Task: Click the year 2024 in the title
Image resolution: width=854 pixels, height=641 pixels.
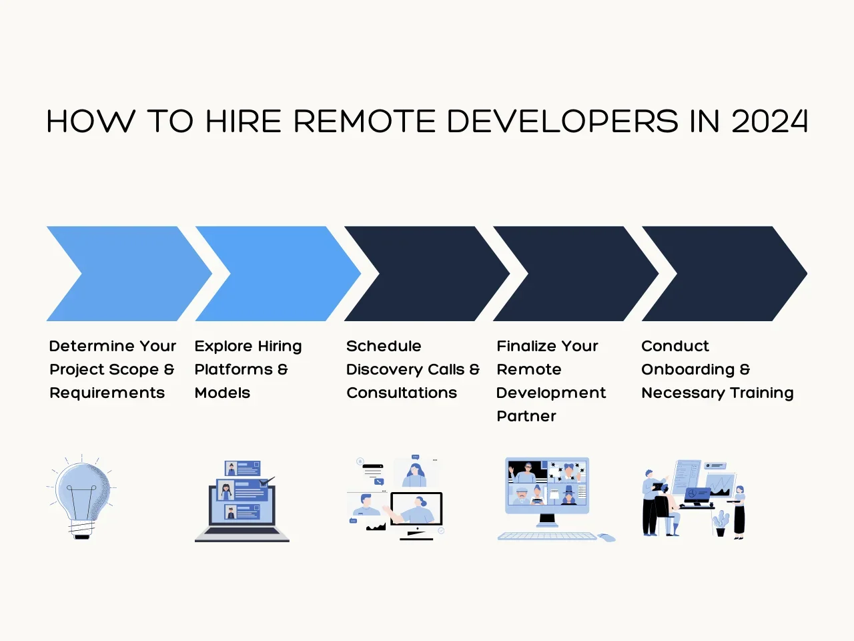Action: click(x=769, y=121)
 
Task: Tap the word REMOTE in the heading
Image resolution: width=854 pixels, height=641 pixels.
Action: click(x=364, y=121)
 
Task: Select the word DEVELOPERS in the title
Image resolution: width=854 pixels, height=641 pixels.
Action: click(x=563, y=121)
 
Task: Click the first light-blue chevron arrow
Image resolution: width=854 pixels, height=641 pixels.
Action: click(x=129, y=274)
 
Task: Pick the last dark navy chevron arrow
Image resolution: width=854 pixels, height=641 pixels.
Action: click(x=725, y=274)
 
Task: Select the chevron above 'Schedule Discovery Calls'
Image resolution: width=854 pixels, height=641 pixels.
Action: click(x=427, y=274)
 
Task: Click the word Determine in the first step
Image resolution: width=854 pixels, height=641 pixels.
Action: click(x=92, y=346)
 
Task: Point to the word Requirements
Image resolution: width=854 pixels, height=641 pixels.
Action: click(x=107, y=393)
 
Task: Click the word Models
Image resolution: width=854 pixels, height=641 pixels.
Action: click(x=222, y=393)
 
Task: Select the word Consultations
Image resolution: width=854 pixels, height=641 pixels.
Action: click(x=402, y=393)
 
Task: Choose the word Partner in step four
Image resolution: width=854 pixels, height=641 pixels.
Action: click(x=526, y=416)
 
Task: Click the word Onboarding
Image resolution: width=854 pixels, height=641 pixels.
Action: click(x=688, y=370)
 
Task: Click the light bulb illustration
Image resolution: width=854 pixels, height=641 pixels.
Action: click(x=81, y=496)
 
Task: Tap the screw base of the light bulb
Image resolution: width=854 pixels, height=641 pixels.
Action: click(x=82, y=529)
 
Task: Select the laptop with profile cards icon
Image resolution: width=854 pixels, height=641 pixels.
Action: click(x=242, y=501)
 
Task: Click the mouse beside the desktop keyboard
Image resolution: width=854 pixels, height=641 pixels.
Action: click(x=606, y=538)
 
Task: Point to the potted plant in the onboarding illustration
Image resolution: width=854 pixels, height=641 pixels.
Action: click(x=721, y=523)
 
